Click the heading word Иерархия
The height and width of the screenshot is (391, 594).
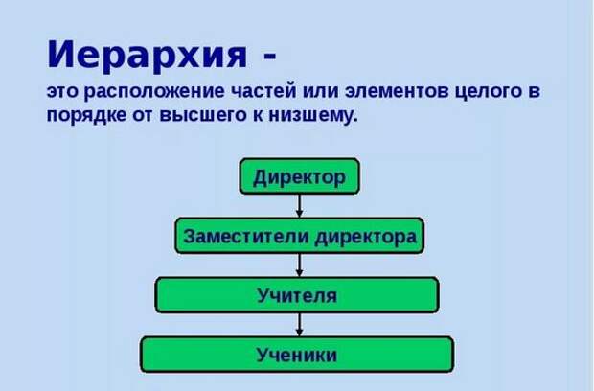(x=147, y=55)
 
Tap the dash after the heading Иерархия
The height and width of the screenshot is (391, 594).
(x=270, y=57)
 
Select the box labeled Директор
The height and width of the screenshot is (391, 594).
(x=299, y=176)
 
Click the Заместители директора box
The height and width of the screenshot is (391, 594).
(x=299, y=236)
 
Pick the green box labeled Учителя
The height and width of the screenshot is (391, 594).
(x=297, y=295)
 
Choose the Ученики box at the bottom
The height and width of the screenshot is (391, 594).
(x=297, y=355)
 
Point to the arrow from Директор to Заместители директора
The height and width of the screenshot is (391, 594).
(x=299, y=206)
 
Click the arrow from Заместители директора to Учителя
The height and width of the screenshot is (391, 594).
(x=299, y=265)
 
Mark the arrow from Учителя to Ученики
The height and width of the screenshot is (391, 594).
(x=299, y=325)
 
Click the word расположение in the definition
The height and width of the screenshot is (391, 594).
(x=154, y=92)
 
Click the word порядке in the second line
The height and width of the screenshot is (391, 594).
(x=86, y=115)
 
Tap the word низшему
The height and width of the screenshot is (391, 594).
(x=313, y=115)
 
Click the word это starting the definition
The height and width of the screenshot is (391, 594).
(x=62, y=91)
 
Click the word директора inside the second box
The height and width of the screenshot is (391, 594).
(x=366, y=237)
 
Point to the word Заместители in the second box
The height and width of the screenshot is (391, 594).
(x=246, y=236)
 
